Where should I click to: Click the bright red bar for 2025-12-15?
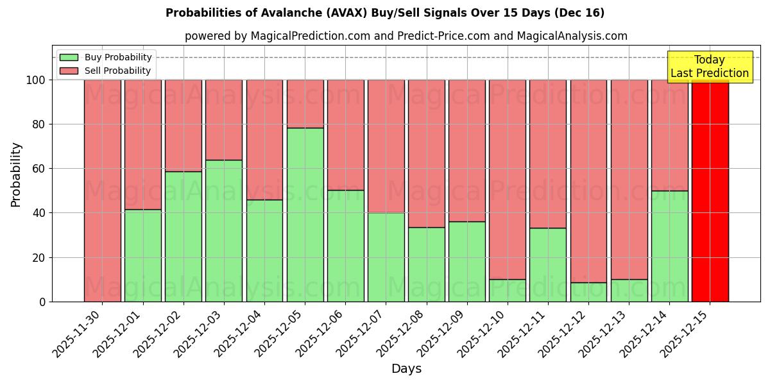coord(710,191)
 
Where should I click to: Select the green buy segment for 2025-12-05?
coord(305,214)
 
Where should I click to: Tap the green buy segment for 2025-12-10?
coord(508,290)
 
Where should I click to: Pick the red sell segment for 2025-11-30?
coord(103,191)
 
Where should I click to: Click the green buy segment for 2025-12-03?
coord(224,230)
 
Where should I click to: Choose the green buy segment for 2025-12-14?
coord(669,246)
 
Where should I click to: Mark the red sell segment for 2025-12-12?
coord(588,181)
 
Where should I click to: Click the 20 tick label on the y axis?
coord(39,257)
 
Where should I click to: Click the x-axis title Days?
coord(406,369)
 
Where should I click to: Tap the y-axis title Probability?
coord(16,175)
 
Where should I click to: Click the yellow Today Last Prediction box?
coord(709,67)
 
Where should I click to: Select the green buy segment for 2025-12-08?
coord(426,264)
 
